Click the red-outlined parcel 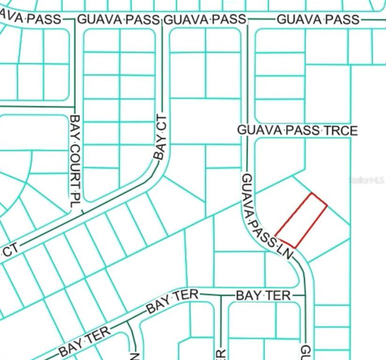coord(301,220)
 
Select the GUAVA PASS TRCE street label coord(297,130)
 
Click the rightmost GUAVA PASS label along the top coord(318,19)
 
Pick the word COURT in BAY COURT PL coord(75,162)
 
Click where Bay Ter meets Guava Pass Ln coord(304,295)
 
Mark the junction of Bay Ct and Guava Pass coord(161,20)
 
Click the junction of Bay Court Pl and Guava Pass coord(75,20)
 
